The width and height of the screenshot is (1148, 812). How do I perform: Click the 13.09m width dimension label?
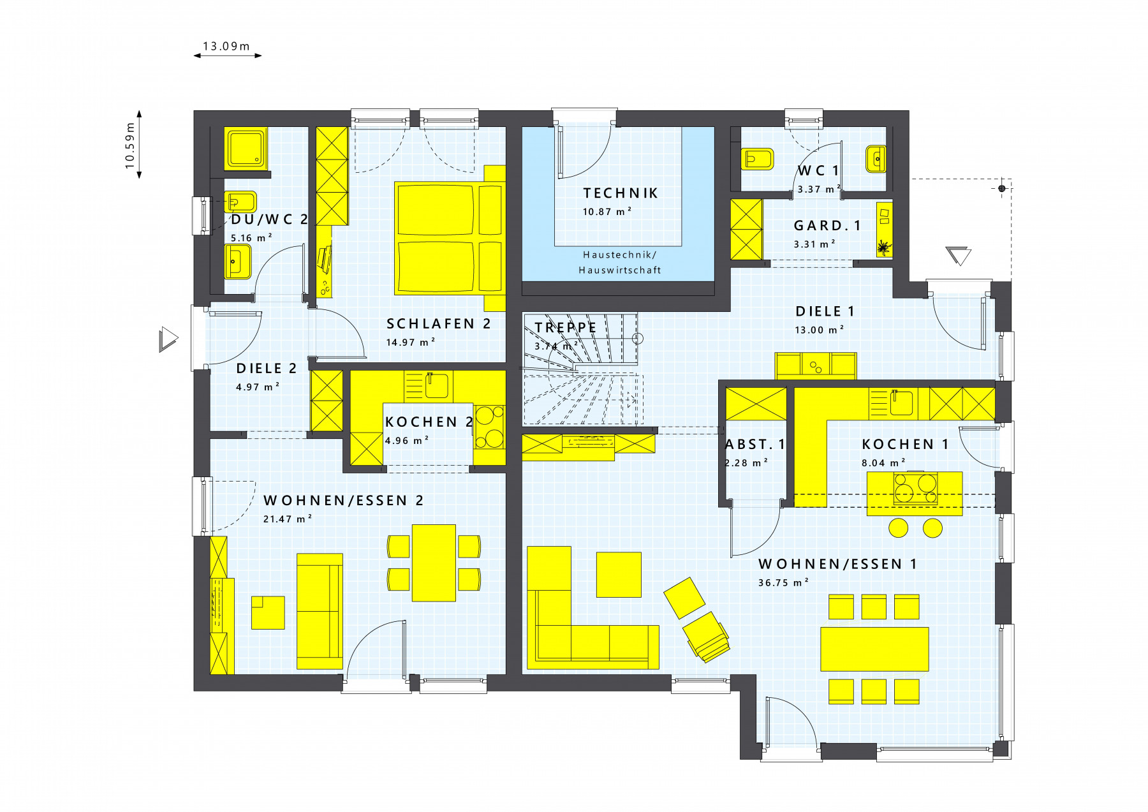click(x=226, y=46)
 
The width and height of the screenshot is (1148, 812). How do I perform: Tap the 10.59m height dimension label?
click(x=130, y=146)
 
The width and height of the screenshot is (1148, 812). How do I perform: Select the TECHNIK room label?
click(x=620, y=193)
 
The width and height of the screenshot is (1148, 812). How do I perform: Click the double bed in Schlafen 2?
click(x=449, y=239)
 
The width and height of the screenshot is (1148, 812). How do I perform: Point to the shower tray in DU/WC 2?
click(x=246, y=148)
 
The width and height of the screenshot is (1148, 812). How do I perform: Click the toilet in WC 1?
click(x=757, y=159)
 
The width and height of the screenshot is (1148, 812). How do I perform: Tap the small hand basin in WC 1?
click(x=876, y=159)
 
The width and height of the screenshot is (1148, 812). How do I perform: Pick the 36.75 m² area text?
click(x=783, y=582)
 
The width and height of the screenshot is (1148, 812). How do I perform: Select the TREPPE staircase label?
click(x=566, y=327)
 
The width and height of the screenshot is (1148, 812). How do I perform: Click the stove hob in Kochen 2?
click(x=489, y=427)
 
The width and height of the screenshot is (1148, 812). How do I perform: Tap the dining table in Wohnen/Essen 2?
click(x=434, y=563)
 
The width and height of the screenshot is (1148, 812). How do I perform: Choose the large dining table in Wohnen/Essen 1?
click(x=874, y=649)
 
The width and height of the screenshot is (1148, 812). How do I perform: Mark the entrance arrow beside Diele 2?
click(x=168, y=339)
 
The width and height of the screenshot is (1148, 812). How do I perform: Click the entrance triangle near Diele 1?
click(x=959, y=255)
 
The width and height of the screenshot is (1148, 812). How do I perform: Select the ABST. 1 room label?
click(x=755, y=444)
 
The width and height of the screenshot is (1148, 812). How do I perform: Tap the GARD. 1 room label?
click(x=827, y=226)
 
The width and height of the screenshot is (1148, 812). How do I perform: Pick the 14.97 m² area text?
click(x=411, y=342)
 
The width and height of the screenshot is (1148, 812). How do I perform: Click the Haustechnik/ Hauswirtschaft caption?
click(x=620, y=262)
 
